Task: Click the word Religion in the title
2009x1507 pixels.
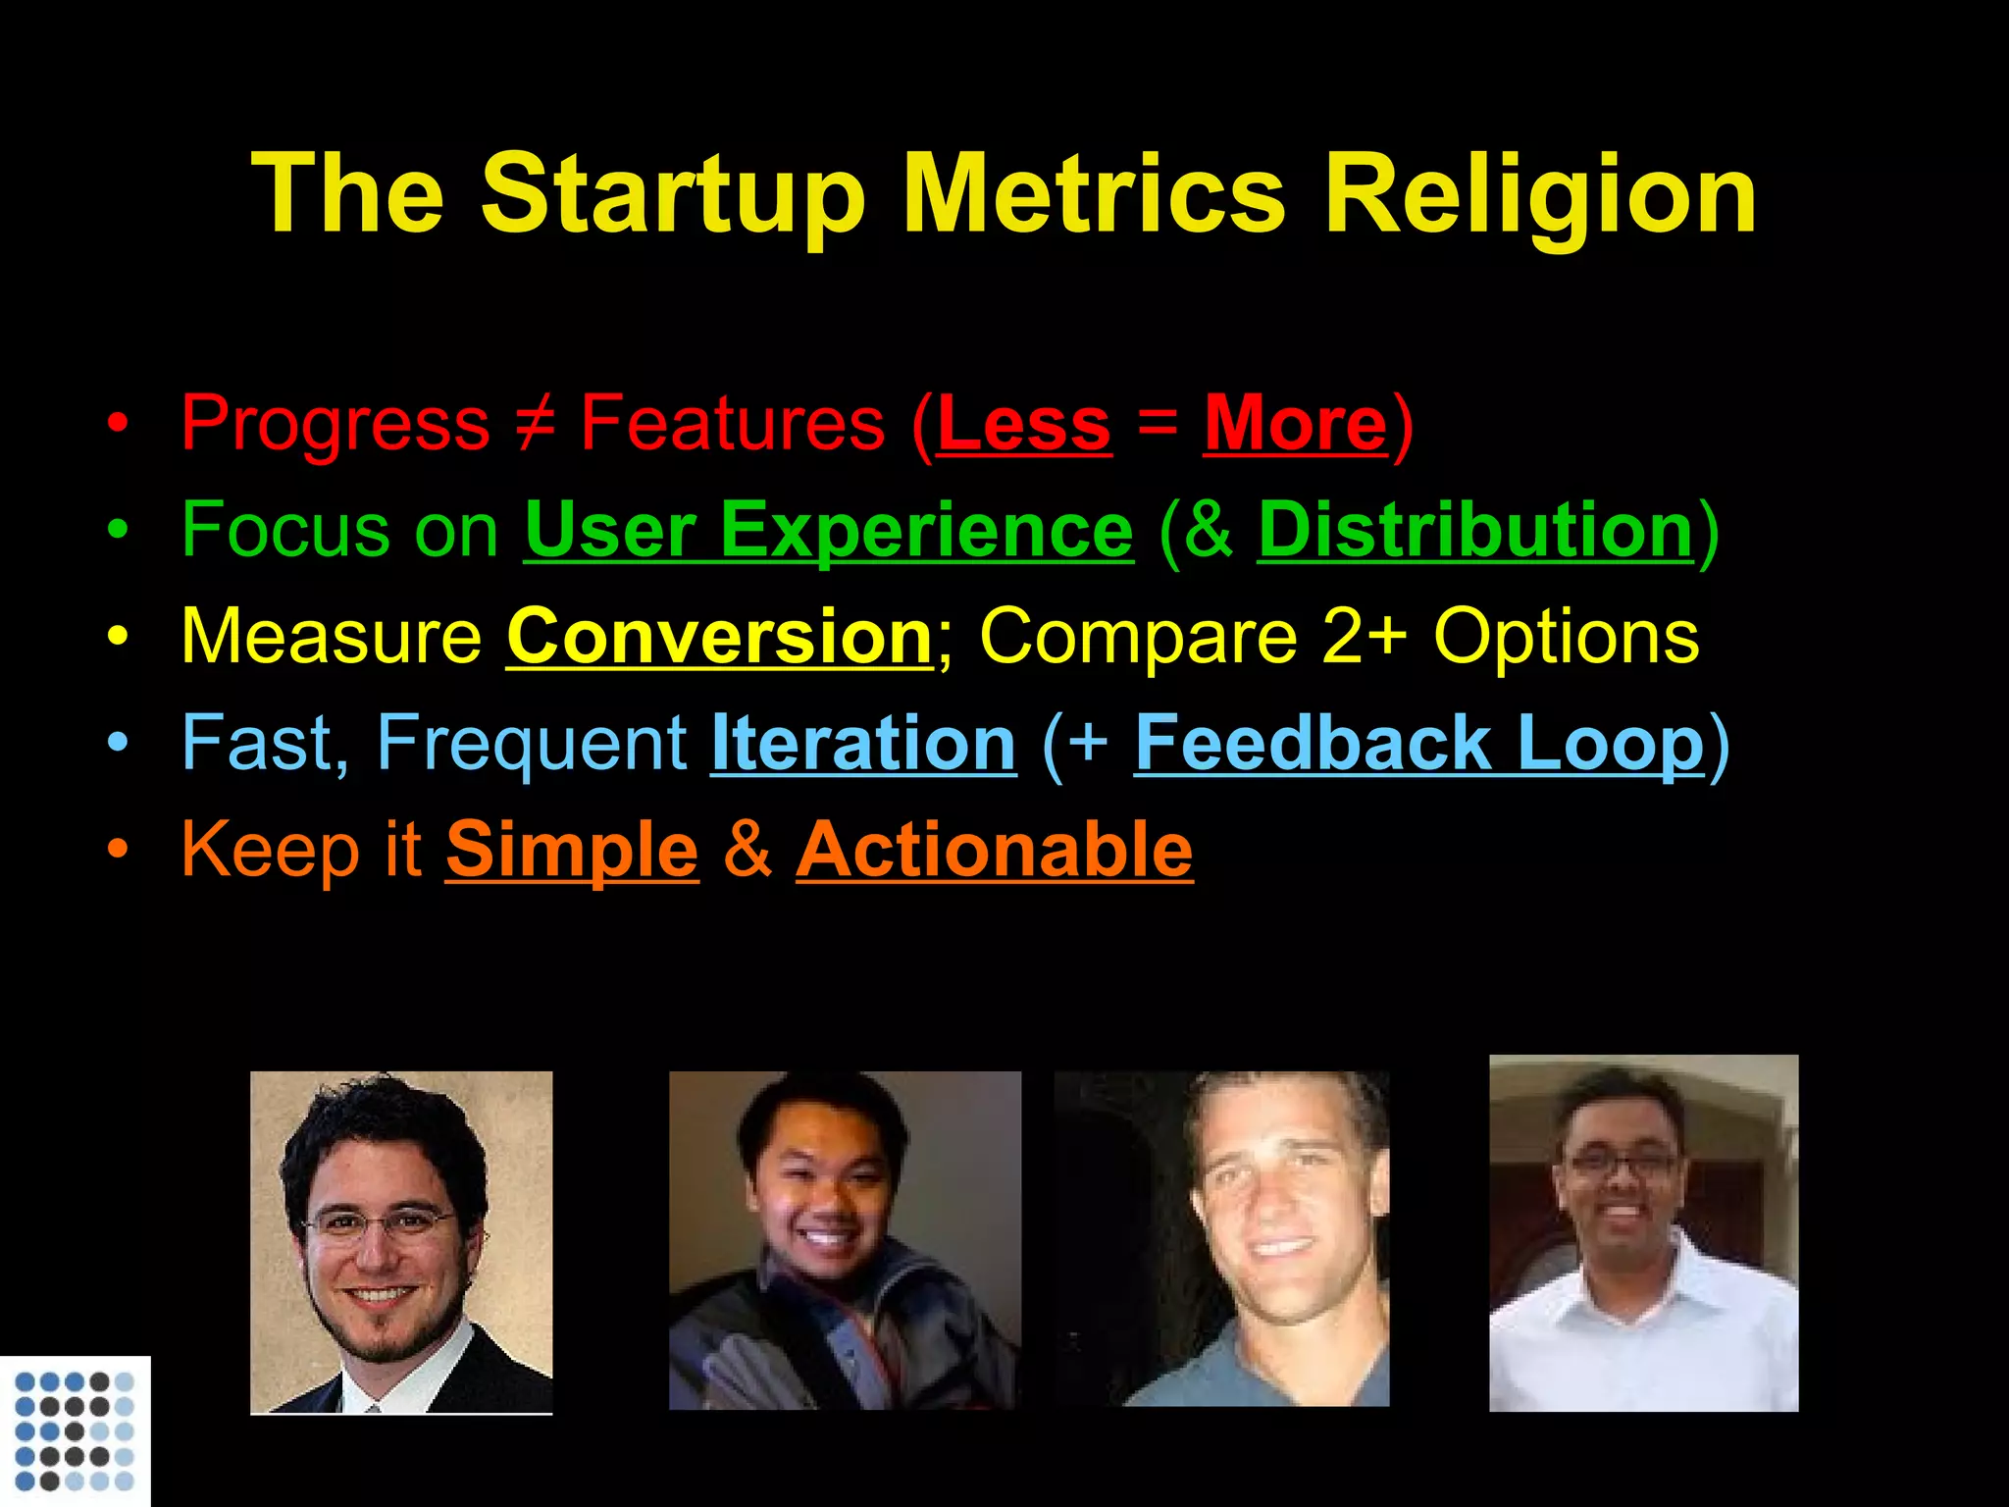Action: (1540, 196)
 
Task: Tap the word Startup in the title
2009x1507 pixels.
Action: (673, 196)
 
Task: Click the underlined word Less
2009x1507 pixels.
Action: (1024, 424)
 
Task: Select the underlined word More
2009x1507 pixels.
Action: (1296, 424)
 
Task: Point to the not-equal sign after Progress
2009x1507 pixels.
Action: (535, 424)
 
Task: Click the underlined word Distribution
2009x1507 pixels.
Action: (1475, 530)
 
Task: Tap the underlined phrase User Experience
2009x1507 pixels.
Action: (829, 530)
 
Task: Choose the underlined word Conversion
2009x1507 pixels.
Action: (720, 637)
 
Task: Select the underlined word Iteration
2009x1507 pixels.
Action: (863, 743)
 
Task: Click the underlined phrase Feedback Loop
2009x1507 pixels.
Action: (1419, 743)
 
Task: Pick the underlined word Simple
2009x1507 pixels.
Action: (572, 850)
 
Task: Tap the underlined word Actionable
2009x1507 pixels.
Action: (995, 850)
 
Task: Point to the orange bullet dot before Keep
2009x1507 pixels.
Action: (118, 851)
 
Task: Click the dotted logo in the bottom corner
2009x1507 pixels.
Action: (75, 1430)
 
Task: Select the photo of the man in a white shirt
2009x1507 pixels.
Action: (1643, 1233)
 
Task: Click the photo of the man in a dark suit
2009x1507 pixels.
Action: (401, 1242)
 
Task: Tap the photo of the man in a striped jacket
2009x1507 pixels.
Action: (845, 1240)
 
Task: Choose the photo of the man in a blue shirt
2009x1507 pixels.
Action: (1222, 1239)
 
